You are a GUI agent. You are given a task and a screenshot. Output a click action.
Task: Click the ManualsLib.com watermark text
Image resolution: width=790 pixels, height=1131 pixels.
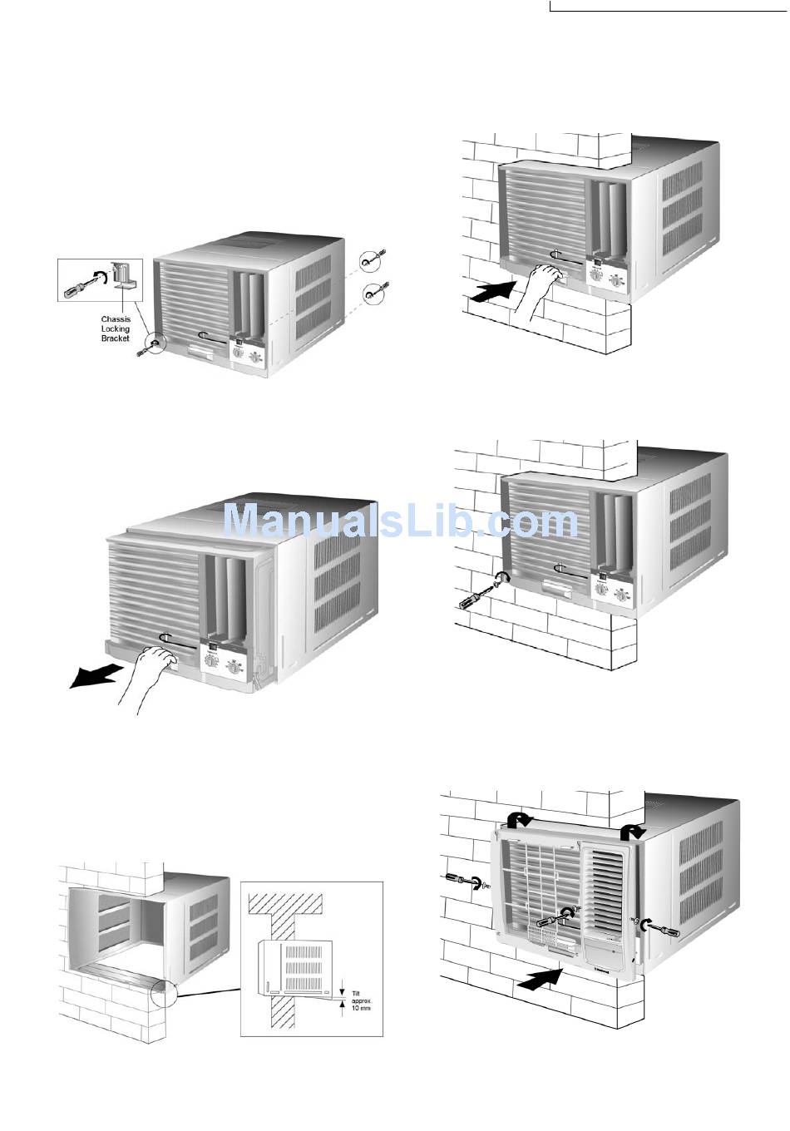(x=400, y=521)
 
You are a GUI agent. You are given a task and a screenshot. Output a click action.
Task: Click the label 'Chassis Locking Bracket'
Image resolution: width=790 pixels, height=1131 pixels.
(x=116, y=328)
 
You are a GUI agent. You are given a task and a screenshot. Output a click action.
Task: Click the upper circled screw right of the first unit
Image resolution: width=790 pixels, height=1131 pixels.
(x=371, y=260)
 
